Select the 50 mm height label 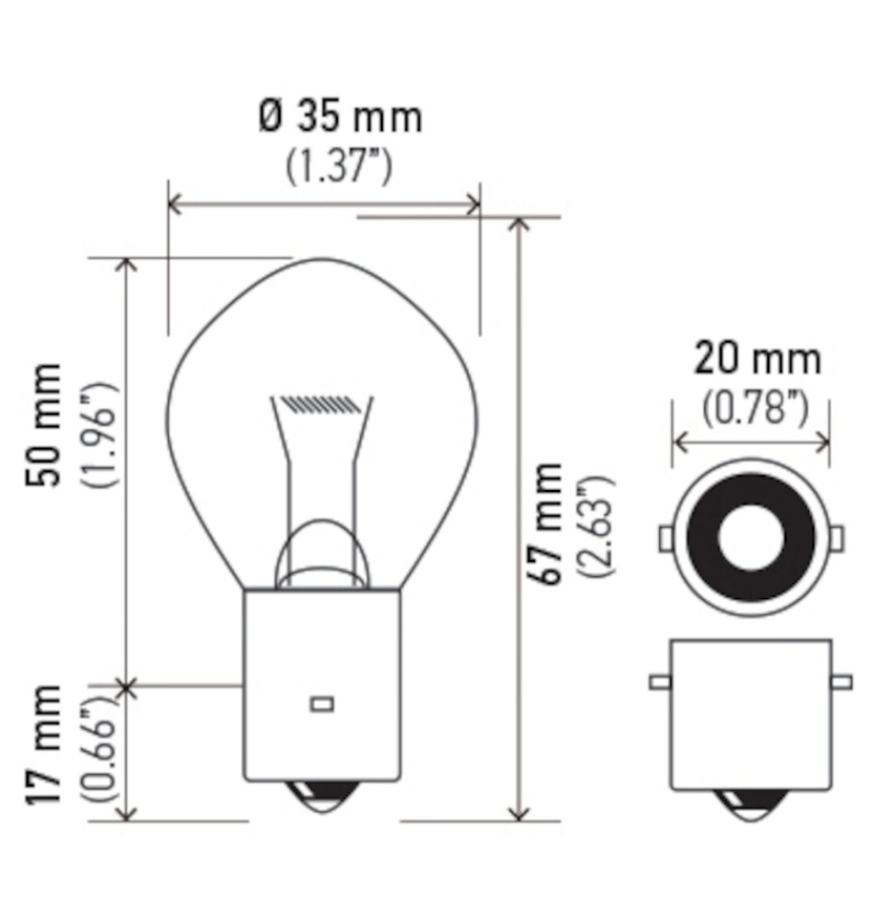point(44,425)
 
